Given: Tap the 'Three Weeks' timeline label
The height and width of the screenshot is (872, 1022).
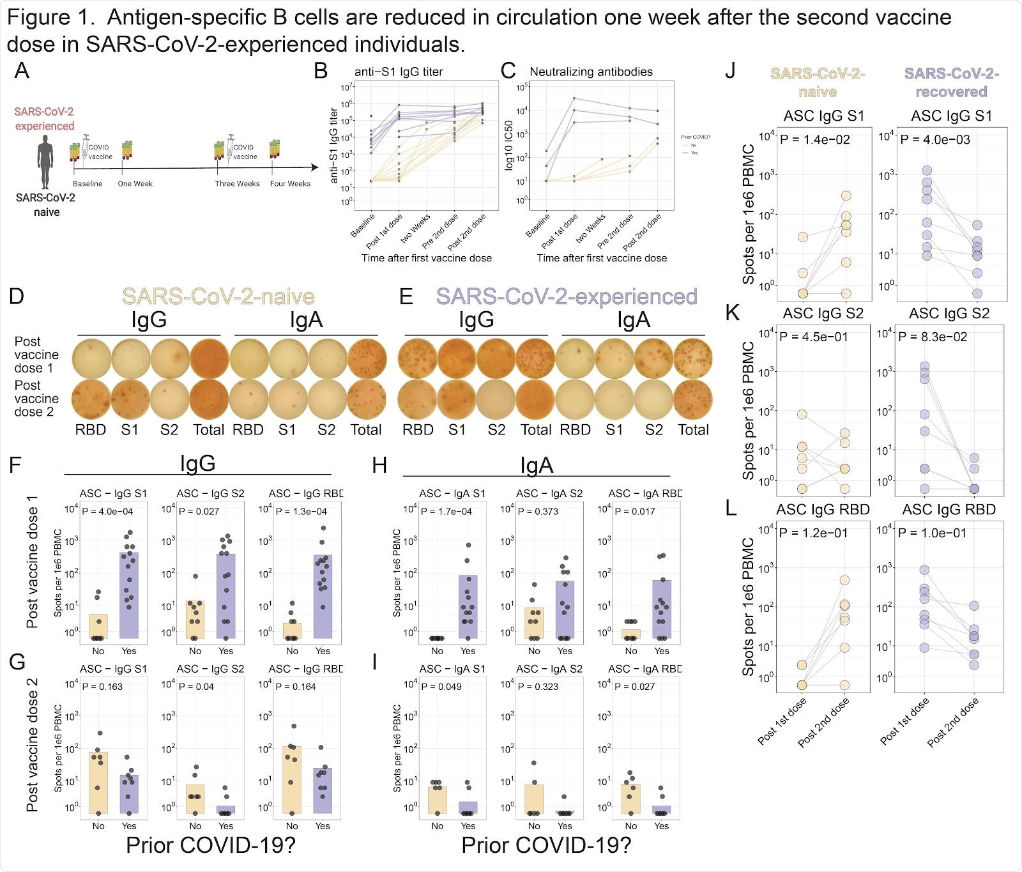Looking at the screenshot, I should click(x=237, y=183).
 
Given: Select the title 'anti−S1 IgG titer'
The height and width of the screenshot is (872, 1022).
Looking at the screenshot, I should click(x=399, y=72).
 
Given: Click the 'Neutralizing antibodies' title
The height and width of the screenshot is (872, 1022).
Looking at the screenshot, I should click(x=591, y=72).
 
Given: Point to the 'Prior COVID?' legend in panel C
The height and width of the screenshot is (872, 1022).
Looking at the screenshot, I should click(x=695, y=137).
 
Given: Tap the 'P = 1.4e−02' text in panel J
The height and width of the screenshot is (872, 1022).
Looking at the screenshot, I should click(x=815, y=139).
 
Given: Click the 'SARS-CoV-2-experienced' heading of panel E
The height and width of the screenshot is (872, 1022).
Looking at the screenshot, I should click(x=567, y=296).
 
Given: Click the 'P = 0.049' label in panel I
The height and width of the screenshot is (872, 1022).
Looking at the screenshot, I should click(x=441, y=686).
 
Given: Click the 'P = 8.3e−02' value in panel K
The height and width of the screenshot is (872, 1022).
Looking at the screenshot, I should click(x=933, y=336).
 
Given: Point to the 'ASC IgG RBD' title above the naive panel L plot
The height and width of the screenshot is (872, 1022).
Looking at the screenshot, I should click(x=823, y=509).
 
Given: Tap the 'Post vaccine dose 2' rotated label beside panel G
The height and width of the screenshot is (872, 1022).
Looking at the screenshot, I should click(x=32, y=744).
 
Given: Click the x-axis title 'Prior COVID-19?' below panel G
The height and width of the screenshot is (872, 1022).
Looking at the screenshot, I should click(x=210, y=845).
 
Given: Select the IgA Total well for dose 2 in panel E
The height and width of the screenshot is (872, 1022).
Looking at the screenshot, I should click(x=692, y=398).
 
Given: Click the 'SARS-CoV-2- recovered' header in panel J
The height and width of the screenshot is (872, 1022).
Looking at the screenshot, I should click(x=951, y=82).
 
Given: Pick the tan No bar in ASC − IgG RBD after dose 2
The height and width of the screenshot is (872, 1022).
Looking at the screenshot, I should click(x=292, y=779).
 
